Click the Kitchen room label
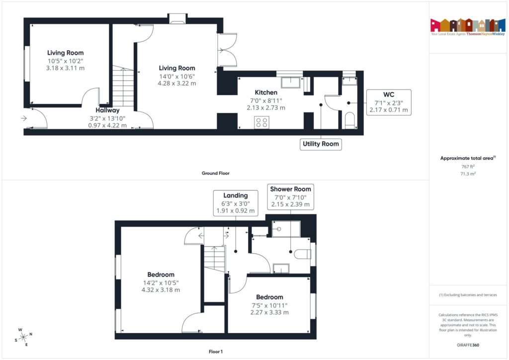[x=266, y=92]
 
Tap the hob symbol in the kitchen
[x=262, y=122]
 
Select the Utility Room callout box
[x=321, y=144]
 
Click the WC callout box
[x=389, y=102]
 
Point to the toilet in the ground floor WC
[x=350, y=120]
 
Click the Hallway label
[x=108, y=110]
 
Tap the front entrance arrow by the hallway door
[x=23, y=118]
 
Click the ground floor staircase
[x=123, y=87]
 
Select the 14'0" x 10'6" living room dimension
[x=176, y=76]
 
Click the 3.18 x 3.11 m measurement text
[x=65, y=68]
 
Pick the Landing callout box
[x=235, y=203]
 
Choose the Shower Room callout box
[x=290, y=196]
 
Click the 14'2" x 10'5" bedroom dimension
[x=161, y=282]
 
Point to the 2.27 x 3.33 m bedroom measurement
[x=269, y=312]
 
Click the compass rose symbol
[x=23, y=337]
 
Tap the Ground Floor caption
[x=215, y=174]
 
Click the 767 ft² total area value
[x=468, y=168]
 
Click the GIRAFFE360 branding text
[x=468, y=345]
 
